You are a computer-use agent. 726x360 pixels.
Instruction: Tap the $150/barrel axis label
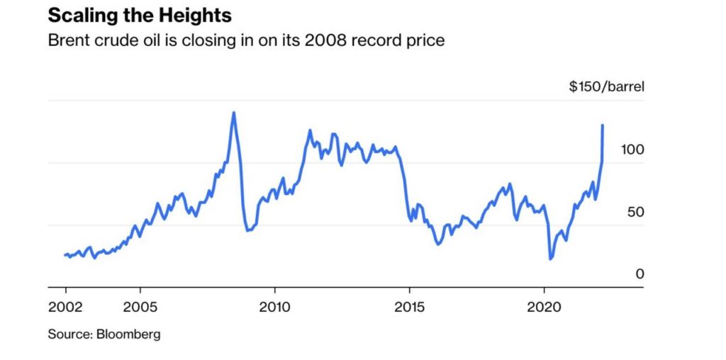(x=607, y=87)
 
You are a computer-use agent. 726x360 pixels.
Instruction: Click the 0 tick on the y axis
(x=640, y=274)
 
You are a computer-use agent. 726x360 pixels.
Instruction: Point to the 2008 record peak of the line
(x=233, y=113)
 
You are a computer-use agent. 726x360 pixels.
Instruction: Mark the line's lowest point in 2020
(x=551, y=259)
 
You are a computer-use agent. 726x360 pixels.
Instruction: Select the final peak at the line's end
(x=603, y=125)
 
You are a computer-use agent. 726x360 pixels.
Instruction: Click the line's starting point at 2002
(x=65, y=255)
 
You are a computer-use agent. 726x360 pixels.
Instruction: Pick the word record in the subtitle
(x=379, y=40)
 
